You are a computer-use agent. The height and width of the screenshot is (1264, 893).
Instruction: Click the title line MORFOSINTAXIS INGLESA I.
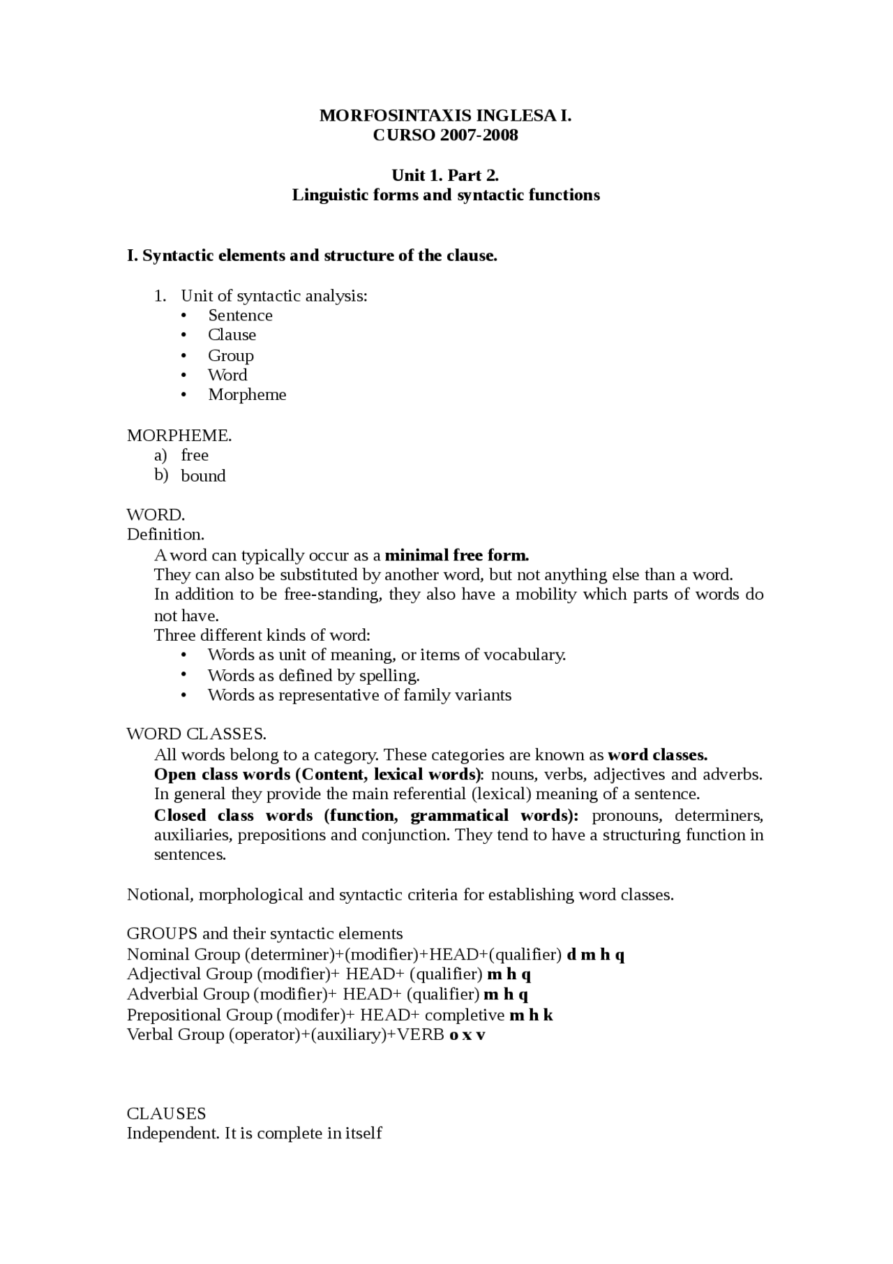click(x=445, y=116)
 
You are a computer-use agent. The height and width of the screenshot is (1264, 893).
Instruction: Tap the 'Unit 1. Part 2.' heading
click(x=445, y=175)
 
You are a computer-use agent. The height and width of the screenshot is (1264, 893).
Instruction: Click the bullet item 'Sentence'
click(x=240, y=315)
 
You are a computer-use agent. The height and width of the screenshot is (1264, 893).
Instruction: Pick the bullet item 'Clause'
click(x=232, y=335)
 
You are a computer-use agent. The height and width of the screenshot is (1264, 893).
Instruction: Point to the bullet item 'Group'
click(x=230, y=356)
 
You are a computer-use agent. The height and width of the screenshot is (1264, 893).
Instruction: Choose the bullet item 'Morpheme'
click(x=247, y=395)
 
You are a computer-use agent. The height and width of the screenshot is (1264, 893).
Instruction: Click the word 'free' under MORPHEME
click(x=195, y=456)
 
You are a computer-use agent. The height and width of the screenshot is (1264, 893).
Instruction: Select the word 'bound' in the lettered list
click(x=203, y=476)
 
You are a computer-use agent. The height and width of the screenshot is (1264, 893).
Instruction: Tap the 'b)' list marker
click(x=161, y=475)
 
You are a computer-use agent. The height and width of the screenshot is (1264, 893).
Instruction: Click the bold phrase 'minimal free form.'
click(x=457, y=556)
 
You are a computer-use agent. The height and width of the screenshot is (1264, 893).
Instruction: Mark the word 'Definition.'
click(x=165, y=535)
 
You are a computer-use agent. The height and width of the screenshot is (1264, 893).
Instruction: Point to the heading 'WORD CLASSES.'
click(x=196, y=734)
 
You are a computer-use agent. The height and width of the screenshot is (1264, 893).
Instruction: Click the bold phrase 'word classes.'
click(x=658, y=755)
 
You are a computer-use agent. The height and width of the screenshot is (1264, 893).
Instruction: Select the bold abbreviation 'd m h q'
click(x=596, y=955)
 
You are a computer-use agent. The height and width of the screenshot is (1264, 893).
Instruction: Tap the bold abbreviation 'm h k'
click(x=531, y=1015)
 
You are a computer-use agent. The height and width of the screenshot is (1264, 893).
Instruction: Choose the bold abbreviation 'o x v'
click(x=467, y=1035)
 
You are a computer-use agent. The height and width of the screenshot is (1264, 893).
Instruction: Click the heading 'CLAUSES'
click(x=166, y=1113)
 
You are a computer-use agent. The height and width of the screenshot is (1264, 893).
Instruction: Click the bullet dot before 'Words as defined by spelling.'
click(x=184, y=674)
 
